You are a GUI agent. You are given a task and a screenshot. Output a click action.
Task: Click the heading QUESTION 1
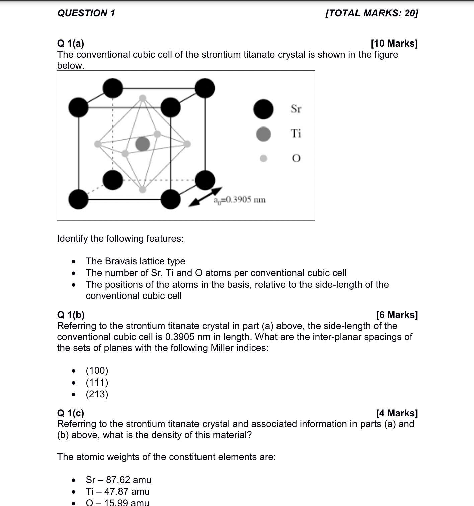[x=86, y=13]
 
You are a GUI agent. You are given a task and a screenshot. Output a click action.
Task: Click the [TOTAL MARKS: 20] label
[x=372, y=13]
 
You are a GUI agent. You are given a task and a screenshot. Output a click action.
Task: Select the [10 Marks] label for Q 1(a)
[x=394, y=44]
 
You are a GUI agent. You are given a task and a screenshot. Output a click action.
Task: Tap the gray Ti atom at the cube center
[x=143, y=144]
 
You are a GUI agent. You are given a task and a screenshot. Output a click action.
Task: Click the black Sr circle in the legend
[x=263, y=109]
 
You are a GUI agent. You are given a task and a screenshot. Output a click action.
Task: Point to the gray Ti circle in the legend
[x=263, y=134]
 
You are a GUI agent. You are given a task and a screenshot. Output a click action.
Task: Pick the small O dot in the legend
[x=264, y=158]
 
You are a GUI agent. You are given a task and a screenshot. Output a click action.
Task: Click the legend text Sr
[x=296, y=109]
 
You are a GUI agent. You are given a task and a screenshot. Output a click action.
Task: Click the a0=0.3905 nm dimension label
[x=240, y=200]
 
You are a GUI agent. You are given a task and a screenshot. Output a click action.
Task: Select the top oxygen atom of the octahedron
[x=143, y=98]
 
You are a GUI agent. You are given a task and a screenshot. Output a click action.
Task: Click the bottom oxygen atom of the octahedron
[x=143, y=190]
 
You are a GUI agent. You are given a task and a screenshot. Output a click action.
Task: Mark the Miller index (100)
[x=97, y=371]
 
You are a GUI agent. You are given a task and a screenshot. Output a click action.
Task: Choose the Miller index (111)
[x=97, y=383]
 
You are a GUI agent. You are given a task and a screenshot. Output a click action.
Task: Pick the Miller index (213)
[x=97, y=394]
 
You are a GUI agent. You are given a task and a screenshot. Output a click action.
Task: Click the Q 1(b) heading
[x=71, y=315]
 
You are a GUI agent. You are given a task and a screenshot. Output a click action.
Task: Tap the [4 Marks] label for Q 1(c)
[x=397, y=413]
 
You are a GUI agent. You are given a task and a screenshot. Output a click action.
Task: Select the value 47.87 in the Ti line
[x=117, y=492]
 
